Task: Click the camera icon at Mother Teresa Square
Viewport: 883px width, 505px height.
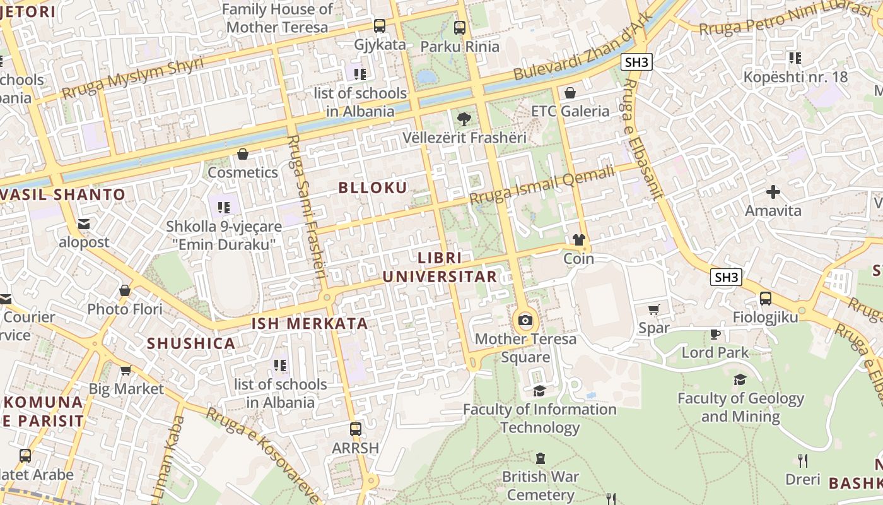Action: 525,321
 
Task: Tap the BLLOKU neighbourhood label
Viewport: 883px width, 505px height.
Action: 373,187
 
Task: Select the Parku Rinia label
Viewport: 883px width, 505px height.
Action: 460,46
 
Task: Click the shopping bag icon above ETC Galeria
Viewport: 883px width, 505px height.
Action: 570,93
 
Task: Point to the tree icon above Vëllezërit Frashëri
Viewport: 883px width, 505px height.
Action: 464,119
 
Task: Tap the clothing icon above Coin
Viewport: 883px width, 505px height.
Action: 579,240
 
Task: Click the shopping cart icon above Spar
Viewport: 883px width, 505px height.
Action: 654,309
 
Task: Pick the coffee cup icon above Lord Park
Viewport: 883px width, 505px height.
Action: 715,334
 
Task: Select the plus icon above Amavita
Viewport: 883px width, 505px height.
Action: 773,192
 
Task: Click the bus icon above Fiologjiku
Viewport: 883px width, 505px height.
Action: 765,299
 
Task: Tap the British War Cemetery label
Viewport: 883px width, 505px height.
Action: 541,485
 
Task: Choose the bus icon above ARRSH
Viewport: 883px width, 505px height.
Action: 356,429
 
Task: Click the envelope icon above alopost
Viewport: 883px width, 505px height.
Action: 84,224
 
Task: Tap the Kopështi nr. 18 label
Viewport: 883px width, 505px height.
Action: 795,77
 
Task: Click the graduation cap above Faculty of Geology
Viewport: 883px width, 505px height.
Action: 740,379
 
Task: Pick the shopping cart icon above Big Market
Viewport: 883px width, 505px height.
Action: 126,371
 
